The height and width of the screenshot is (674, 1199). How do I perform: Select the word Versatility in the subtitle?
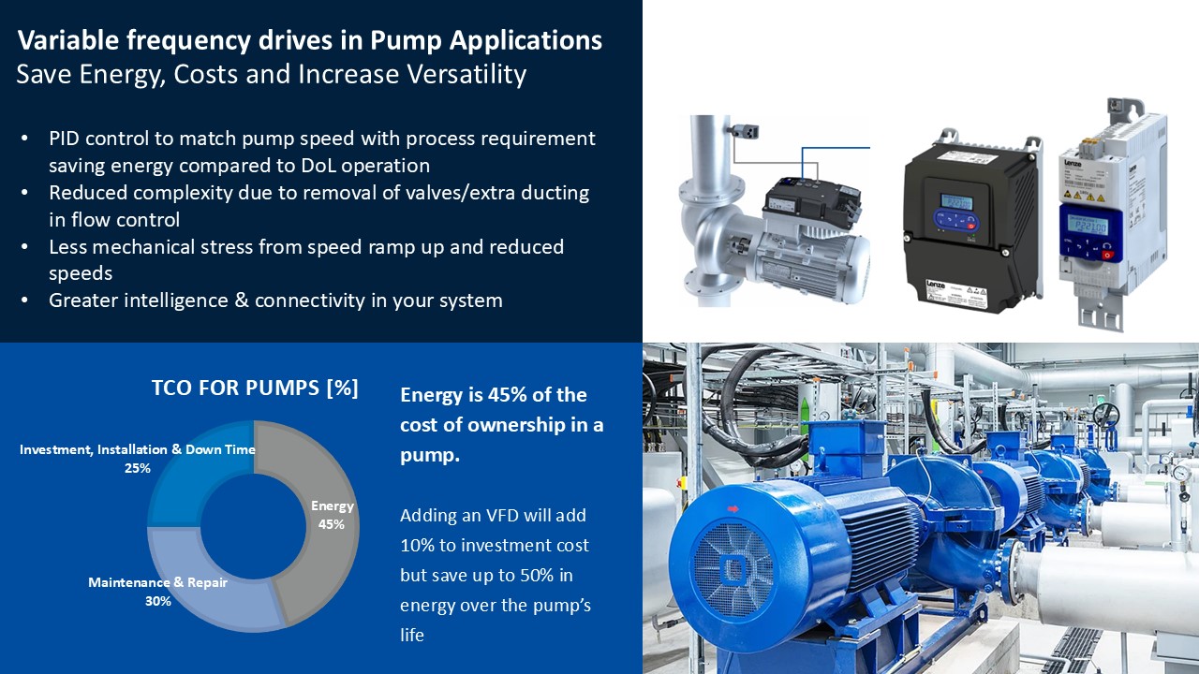(466, 74)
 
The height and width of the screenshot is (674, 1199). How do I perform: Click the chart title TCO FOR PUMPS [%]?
(255, 388)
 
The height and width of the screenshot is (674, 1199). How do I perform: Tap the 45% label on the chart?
(332, 524)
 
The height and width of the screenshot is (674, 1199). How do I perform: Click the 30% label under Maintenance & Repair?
(158, 601)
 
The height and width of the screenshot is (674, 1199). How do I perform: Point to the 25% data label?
(137, 469)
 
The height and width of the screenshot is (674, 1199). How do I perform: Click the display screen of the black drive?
(957, 202)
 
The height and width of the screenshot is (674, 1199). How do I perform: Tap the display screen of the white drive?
(1088, 226)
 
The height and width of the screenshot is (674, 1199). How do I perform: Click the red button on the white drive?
(1106, 256)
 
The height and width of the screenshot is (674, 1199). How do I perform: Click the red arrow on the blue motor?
(733, 508)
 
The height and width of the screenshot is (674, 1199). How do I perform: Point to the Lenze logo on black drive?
(936, 285)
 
